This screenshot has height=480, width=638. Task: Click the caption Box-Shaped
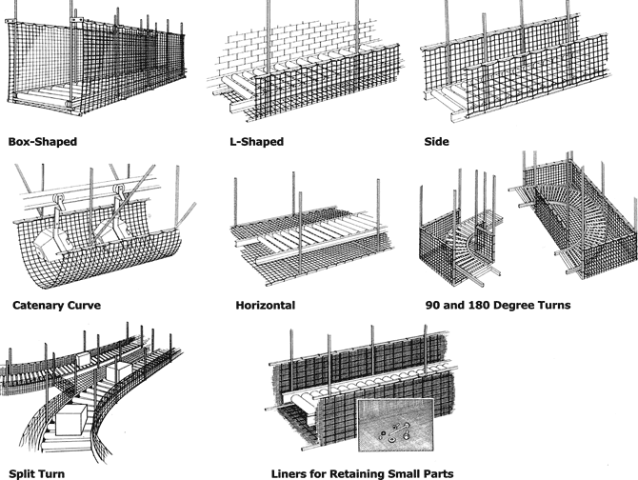[42, 142]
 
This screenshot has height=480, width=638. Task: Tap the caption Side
[436, 142]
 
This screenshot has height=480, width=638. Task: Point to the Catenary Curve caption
[57, 307]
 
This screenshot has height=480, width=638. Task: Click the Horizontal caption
[265, 307]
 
